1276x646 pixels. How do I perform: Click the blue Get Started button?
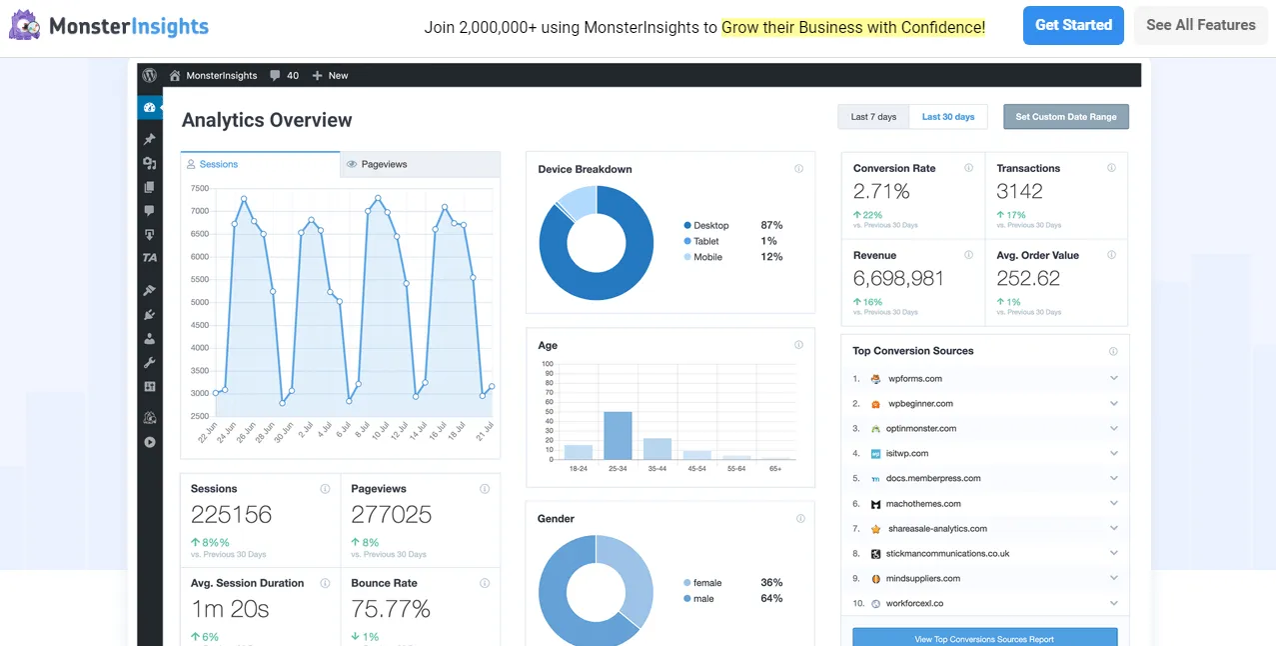pos(1072,25)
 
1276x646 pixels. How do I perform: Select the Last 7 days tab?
pos(873,117)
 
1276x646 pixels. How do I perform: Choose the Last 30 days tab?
pos(947,117)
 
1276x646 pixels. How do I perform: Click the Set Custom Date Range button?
pos(1065,117)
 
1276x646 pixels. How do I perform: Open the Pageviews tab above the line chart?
pos(384,164)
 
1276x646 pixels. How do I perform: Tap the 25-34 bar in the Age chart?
pos(618,436)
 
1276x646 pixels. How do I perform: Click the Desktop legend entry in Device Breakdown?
pos(710,226)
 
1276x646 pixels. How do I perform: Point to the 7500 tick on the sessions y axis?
pos(200,188)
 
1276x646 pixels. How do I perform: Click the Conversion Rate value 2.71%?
pos(881,191)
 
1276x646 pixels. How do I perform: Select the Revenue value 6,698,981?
pos(898,278)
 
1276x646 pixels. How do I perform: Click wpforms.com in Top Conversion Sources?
pos(914,379)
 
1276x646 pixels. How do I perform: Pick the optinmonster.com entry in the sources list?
pos(920,429)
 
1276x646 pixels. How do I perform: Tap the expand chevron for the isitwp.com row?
pos(1113,453)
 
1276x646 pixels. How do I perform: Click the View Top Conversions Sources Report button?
pos(984,638)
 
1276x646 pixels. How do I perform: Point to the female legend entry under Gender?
pos(706,583)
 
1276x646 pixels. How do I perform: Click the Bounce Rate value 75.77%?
pos(391,609)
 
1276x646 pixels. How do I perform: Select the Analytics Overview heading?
pos(267,120)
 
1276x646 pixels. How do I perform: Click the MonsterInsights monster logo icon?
pos(25,25)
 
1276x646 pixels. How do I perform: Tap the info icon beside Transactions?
pos(1111,168)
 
